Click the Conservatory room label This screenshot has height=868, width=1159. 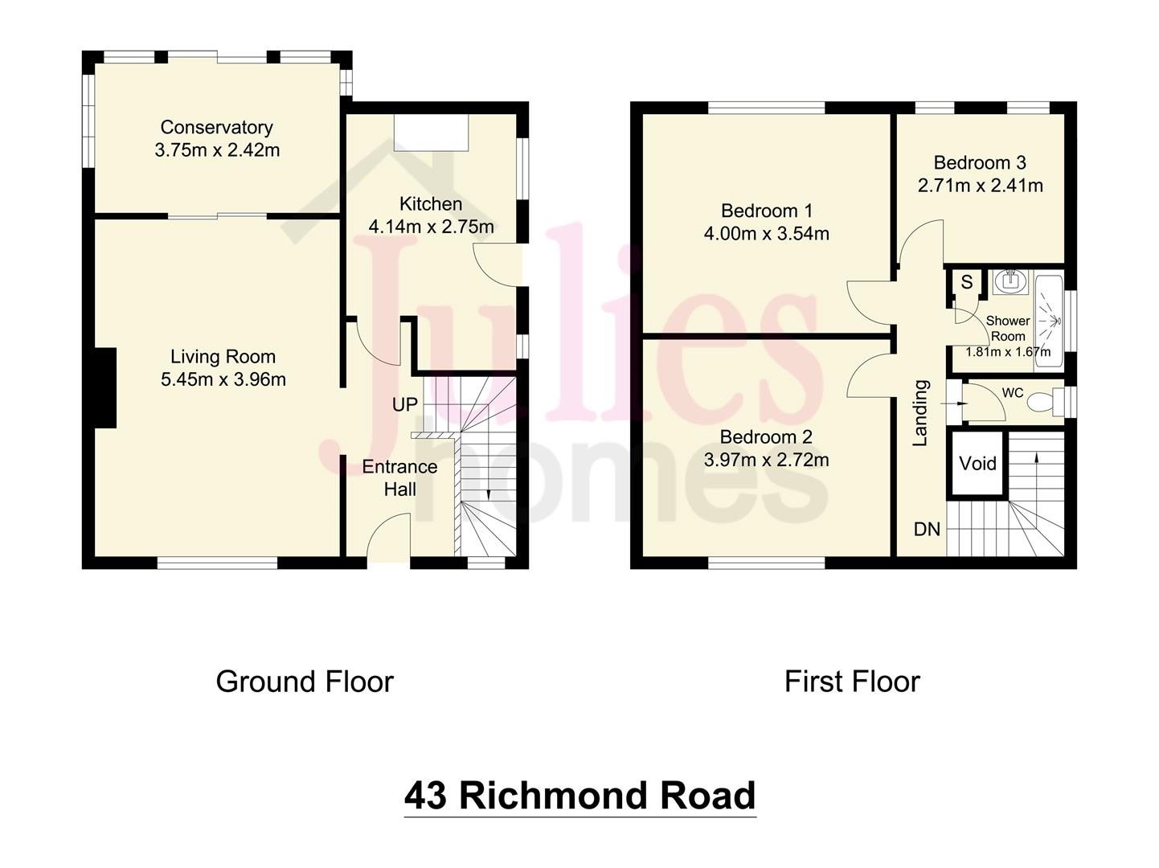click(x=216, y=127)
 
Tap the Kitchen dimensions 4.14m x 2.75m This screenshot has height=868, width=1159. click(x=431, y=227)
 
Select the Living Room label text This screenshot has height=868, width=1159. click(x=223, y=357)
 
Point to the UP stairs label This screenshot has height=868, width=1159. click(x=405, y=404)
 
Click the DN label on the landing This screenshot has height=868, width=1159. click(x=928, y=529)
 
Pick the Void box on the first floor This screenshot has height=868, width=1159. click(x=977, y=464)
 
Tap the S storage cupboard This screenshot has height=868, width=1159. click(x=967, y=283)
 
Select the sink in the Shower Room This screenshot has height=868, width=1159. click(x=1010, y=282)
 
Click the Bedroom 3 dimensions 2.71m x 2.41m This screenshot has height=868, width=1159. click(x=980, y=186)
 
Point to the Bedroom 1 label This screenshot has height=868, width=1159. click(x=766, y=211)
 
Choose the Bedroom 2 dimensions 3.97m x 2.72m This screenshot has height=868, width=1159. click(x=766, y=460)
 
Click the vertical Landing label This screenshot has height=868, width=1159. click(x=920, y=413)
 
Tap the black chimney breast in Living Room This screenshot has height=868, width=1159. click(x=105, y=387)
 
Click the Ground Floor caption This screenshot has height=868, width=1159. click(x=305, y=682)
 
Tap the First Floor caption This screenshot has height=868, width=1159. click(x=852, y=682)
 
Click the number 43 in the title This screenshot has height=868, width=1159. click(x=425, y=796)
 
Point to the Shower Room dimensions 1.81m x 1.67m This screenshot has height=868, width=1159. click(x=1007, y=352)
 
